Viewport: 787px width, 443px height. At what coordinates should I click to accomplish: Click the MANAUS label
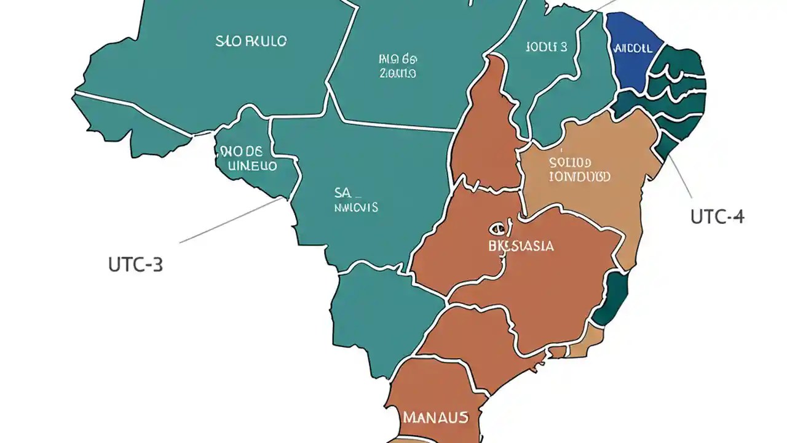[x=435, y=417]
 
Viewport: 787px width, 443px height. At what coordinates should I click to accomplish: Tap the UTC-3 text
[x=135, y=265]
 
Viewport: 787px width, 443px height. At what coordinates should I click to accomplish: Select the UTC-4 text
[x=718, y=217]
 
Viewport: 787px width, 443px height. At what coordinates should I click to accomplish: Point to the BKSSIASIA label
[x=520, y=246]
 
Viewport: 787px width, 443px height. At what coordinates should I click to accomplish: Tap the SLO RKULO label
[x=251, y=42]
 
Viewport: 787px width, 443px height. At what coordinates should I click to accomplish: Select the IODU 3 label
[x=546, y=47]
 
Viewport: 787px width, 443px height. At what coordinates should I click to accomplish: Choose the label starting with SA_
[x=355, y=200]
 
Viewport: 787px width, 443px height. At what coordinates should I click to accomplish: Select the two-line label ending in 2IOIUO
[x=397, y=66]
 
